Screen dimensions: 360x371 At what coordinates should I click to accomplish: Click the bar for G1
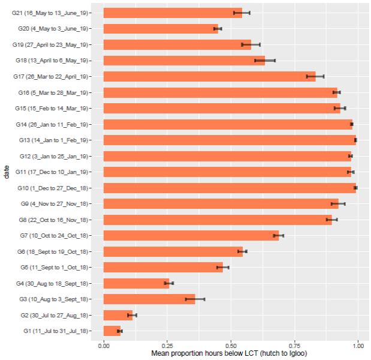[112, 331]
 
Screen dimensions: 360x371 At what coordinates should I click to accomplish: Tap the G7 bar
[191, 235]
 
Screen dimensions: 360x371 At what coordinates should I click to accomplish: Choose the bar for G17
[209, 76]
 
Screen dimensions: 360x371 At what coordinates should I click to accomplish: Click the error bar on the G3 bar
[195, 299]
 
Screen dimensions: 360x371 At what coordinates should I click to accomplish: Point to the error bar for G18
[265, 60]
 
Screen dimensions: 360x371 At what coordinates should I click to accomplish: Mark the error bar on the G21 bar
[242, 13]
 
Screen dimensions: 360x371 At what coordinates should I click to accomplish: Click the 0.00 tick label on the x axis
[104, 346]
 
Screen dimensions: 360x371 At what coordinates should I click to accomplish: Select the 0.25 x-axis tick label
[167, 346]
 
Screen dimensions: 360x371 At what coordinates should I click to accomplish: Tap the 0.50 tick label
[231, 346]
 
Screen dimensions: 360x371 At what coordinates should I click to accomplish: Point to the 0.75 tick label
[295, 346]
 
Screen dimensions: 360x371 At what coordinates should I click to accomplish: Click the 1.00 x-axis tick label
[358, 346]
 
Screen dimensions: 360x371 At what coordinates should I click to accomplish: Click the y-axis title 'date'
[5, 172]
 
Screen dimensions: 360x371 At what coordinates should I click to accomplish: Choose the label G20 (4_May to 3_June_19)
[53, 29]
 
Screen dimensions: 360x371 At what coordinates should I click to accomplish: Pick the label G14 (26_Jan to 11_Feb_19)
[52, 124]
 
